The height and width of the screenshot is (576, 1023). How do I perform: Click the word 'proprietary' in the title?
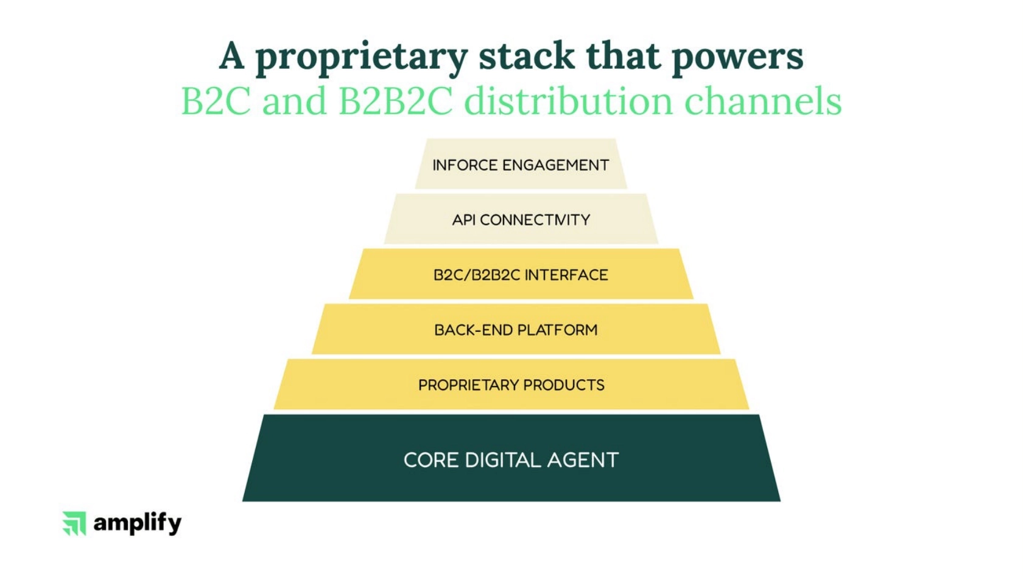pyautogui.click(x=360, y=58)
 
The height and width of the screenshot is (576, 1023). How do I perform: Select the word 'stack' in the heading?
pyautogui.click(x=526, y=56)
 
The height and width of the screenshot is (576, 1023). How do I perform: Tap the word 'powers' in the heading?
pyautogui.click(x=737, y=58)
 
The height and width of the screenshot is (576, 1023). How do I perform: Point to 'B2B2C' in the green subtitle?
pyautogui.click(x=395, y=101)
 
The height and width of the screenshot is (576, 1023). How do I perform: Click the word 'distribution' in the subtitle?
pyautogui.click(x=568, y=101)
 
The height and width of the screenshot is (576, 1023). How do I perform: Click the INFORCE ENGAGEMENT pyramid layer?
pyautogui.click(x=521, y=165)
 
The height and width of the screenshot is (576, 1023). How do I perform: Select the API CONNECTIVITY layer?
pyautogui.click(x=521, y=220)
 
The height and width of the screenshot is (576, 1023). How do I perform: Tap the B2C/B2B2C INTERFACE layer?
pyautogui.click(x=521, y=275)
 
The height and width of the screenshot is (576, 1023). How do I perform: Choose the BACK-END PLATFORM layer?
pyautogui.click(x=516, y=330)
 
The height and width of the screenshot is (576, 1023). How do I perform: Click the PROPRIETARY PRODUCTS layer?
pyautogui.click(x=511, y=385)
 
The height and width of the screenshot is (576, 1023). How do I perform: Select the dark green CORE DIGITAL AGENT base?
pyautogui.click(x=511, y=460)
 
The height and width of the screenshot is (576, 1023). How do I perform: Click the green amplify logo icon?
pyautogui.click(x=74, y=523)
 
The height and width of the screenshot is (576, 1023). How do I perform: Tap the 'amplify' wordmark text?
pyautogui.click(x=138, y=524)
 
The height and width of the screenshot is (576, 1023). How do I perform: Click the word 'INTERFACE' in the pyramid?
pyautogui.click(x=566, y=275)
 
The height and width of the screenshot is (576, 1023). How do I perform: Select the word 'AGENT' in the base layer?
pyautogui.click(x=583, y=460)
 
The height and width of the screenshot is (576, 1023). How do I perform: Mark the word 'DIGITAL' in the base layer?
pyautogui.click(x=502, y=460)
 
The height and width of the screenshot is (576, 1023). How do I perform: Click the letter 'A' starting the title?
pyautogui.click(x=232, y=56)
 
